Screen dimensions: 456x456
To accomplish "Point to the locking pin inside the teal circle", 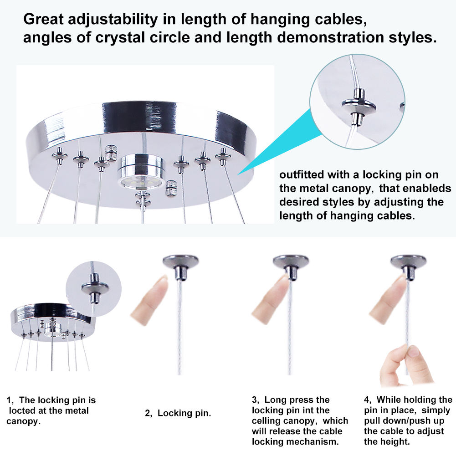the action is point(358,107).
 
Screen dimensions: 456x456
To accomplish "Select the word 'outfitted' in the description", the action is point(301,174).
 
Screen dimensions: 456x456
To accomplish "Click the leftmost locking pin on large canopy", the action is point(60,155).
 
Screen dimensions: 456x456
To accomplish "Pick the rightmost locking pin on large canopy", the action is point(223,156).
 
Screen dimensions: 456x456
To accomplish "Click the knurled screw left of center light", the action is point(111,153).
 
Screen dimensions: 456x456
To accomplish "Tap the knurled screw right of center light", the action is point(171,188).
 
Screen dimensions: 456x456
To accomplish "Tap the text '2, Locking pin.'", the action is point(178,413).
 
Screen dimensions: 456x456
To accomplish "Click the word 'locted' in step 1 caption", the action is point(22,410).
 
